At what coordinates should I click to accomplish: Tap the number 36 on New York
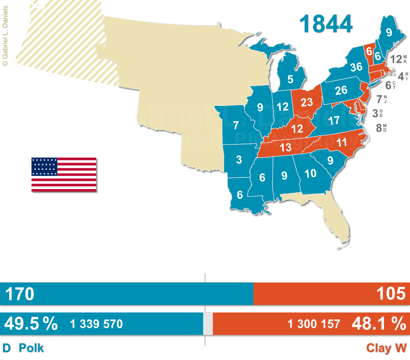click(x=356, y=67)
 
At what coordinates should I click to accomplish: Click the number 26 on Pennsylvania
click(x=341, y=90)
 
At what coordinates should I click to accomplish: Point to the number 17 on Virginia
click(x=333, y=121)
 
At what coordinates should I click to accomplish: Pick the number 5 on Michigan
click(x=291, y=79)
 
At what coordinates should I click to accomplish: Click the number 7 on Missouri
click(x=236, y=125)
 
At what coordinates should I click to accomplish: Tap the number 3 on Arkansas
click(x=239, y=160)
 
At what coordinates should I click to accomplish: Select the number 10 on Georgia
click(x=310, y=174)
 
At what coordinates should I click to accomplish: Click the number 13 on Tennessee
click(x=285, y=147)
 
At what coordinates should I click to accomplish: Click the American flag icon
click(x=64, y=174)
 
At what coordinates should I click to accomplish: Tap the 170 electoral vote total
click(x=19, y=294)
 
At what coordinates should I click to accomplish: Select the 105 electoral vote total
click(x=391, y=294)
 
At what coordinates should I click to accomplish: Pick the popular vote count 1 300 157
click(x=314, y=324)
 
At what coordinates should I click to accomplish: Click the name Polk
click(x=31, y=348)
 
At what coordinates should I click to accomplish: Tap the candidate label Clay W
click(x=386, y=348)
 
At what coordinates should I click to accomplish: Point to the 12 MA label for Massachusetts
click(x=399, y=59)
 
